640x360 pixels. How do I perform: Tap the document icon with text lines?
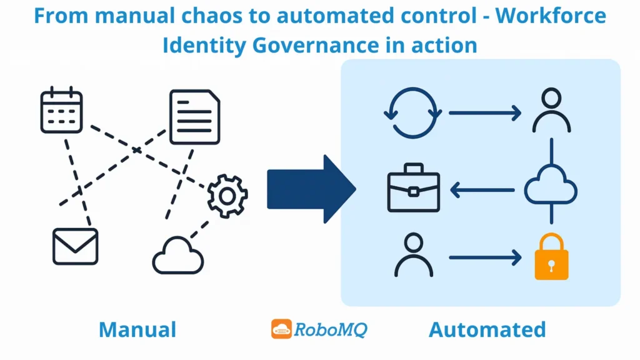(x=195, y=117)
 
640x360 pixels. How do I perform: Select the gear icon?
(x=227, y=196)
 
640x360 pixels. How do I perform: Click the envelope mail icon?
(x=75, y=246)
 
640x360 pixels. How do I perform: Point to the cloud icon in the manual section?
(x=178, y=256)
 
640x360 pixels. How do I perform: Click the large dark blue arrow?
(x=311, y=188)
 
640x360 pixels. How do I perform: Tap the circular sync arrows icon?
(x=412, y=113)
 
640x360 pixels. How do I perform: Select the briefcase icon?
(x=413, y=188)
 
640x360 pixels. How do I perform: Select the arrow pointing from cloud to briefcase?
(x=482, y=189)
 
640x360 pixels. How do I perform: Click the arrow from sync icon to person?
(x=485, y=113)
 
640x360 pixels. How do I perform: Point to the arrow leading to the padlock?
(x=485, y=256)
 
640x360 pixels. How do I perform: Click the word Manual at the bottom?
(x=137, y=329)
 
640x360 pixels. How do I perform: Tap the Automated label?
(x=487, y=329)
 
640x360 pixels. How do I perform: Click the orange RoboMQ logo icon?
(x=281, y=329)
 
